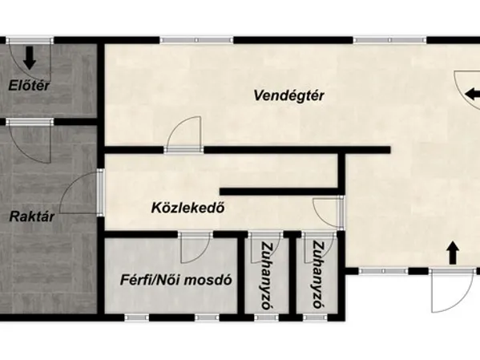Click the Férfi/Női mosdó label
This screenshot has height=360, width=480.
coord(175,281)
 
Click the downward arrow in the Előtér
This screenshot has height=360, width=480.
coord(30,58)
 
